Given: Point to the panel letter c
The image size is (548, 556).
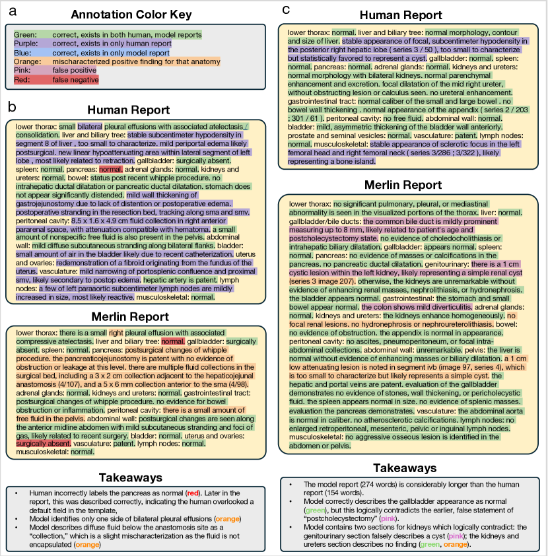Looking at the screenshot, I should pyautogui.click(x=285, y=9).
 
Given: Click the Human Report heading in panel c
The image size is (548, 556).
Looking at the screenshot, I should pyautogui.click(x=409, y=15).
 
